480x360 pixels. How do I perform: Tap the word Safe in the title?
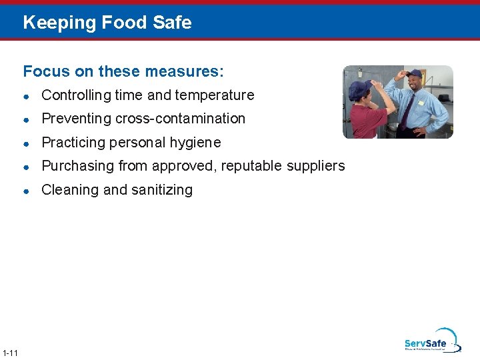(x=171, y=23)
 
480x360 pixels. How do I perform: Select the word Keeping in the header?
(x=59, y=23)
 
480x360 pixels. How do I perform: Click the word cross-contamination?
(x=180, y=119)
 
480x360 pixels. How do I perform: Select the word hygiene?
(x=195, y=143)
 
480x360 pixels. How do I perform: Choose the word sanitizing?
(x=161, y=190)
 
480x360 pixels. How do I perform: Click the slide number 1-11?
(x=10, y=353)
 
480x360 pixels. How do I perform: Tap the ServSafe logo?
(x=431, y=341)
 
